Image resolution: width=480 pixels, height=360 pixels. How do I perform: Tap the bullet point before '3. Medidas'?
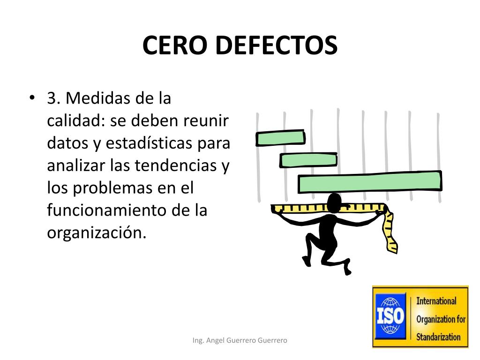[x=31, y=98]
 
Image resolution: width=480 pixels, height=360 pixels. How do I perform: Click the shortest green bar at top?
[x=280, y=138]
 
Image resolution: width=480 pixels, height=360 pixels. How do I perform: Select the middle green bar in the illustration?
[x=308, y=160]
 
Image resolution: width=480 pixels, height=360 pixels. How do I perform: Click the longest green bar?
[x=370, y=182]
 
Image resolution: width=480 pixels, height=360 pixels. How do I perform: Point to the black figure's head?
[x=335, y=202]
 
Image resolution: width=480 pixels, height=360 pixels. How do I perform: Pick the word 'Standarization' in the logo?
[x=439, y=337]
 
